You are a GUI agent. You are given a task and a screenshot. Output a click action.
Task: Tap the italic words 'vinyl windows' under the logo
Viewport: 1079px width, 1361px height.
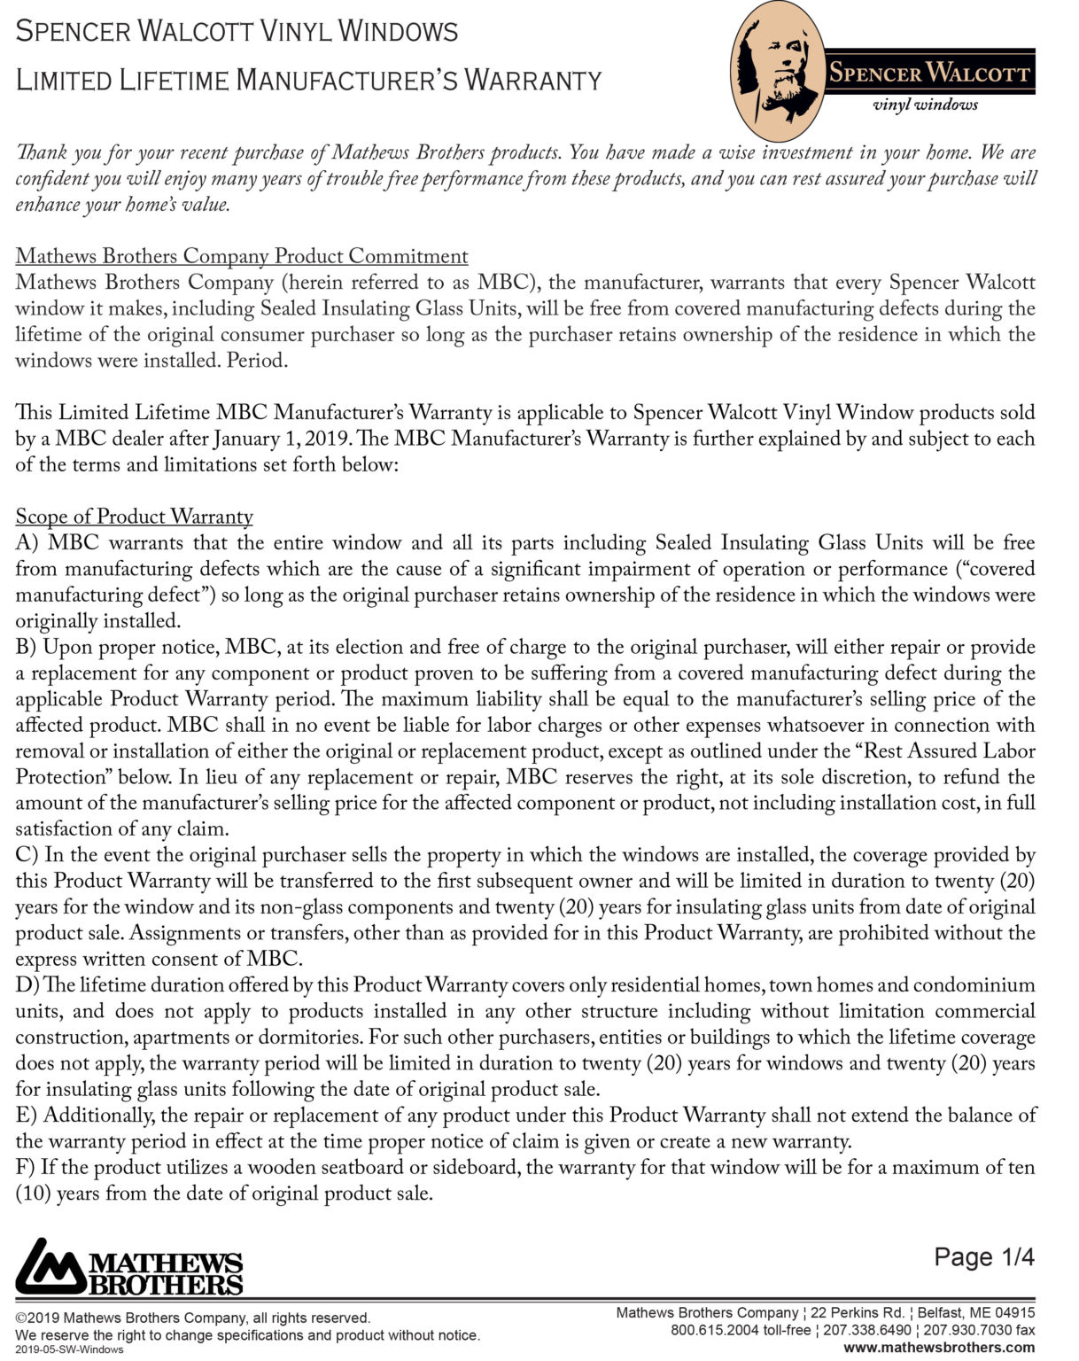tap(925, 105)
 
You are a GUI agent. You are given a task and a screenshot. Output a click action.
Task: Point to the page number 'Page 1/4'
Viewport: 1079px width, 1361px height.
tap(984, 1256)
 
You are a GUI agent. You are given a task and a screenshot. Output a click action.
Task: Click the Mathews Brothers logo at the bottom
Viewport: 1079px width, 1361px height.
tap(129, 1267)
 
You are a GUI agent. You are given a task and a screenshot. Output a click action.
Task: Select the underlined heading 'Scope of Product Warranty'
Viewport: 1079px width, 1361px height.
tap(134, 517)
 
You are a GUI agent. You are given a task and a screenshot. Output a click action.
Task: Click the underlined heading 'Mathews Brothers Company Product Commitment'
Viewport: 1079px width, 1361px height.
tap(242, 256)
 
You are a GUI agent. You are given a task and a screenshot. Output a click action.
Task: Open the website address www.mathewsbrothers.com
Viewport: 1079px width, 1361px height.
tap(939, 1347)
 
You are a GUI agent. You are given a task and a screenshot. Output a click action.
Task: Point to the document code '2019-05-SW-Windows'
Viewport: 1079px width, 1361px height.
tap(69, 1349)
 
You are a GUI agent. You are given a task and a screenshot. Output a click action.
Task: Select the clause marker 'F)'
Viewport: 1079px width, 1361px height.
tap(25, 1168)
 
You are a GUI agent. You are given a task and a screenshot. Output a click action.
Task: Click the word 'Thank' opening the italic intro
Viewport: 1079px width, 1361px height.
tap(41, 152)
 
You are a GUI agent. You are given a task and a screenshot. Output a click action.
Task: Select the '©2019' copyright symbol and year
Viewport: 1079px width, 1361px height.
tap(37, 1318)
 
